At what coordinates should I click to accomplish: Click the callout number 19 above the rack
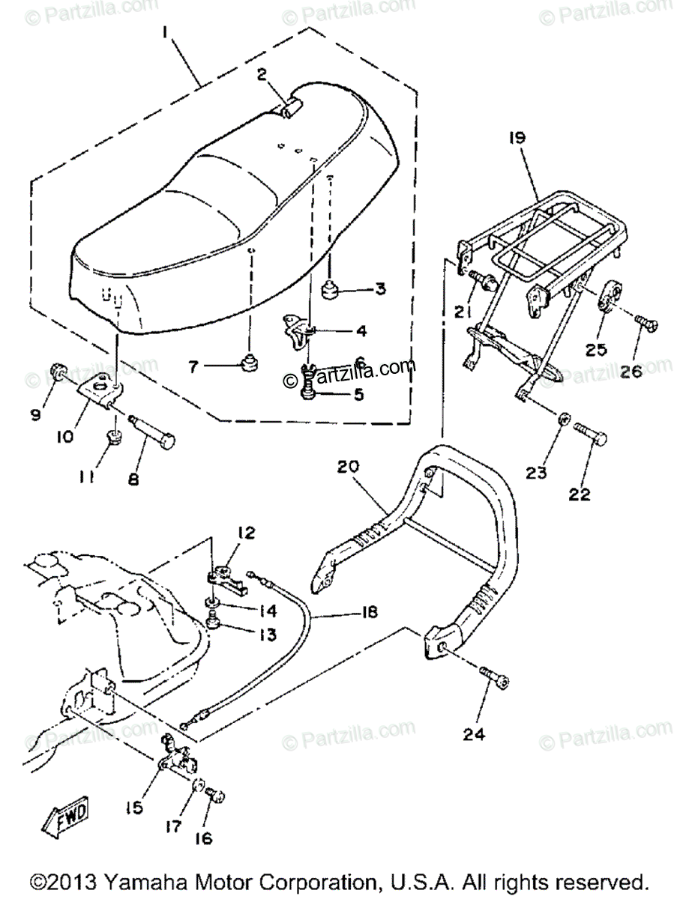tap(540, 139)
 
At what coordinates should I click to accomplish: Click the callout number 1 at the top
tap(166, 34)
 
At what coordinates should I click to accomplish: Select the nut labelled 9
tap(60, 369)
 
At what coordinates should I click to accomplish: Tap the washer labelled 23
tap(566, 417)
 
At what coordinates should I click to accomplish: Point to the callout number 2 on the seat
tap(261, 74)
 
